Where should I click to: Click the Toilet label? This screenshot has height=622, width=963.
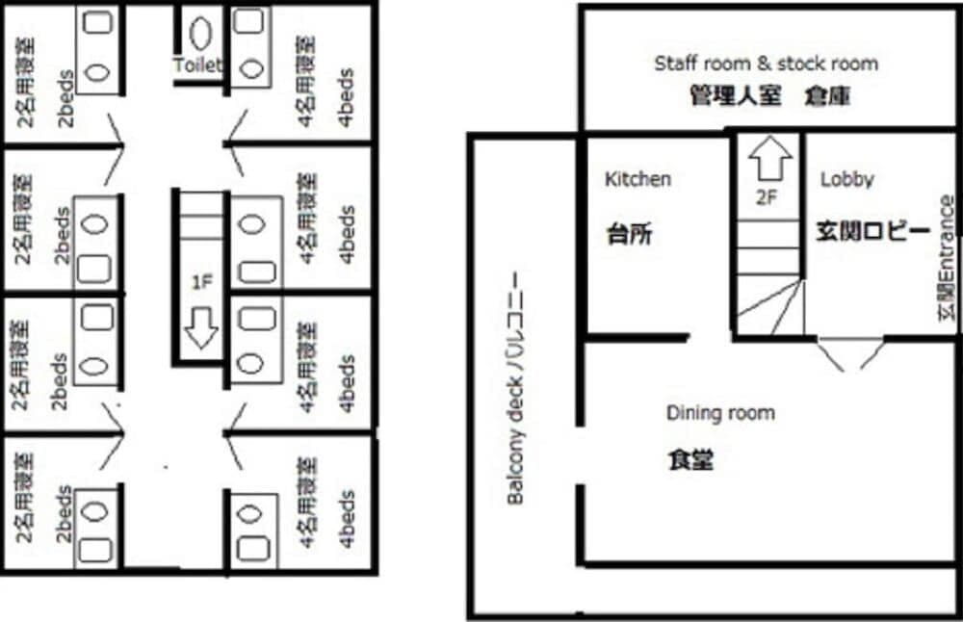pos(197,65)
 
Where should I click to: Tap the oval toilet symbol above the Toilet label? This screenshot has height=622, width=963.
pos(200,34)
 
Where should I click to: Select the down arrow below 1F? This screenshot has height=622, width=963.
pos(200,328)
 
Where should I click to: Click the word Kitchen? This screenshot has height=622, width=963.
pos(638,179)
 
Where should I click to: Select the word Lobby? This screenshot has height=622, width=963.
pos(846,179)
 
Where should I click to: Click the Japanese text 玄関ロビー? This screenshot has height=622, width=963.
pos(872,232)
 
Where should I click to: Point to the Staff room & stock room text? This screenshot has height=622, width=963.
pos(766,64)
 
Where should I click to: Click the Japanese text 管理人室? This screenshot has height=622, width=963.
pos(735,96)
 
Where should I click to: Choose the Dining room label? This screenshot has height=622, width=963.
pos(720,413)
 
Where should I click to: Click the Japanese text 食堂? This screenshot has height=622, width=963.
pos(690,460)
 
